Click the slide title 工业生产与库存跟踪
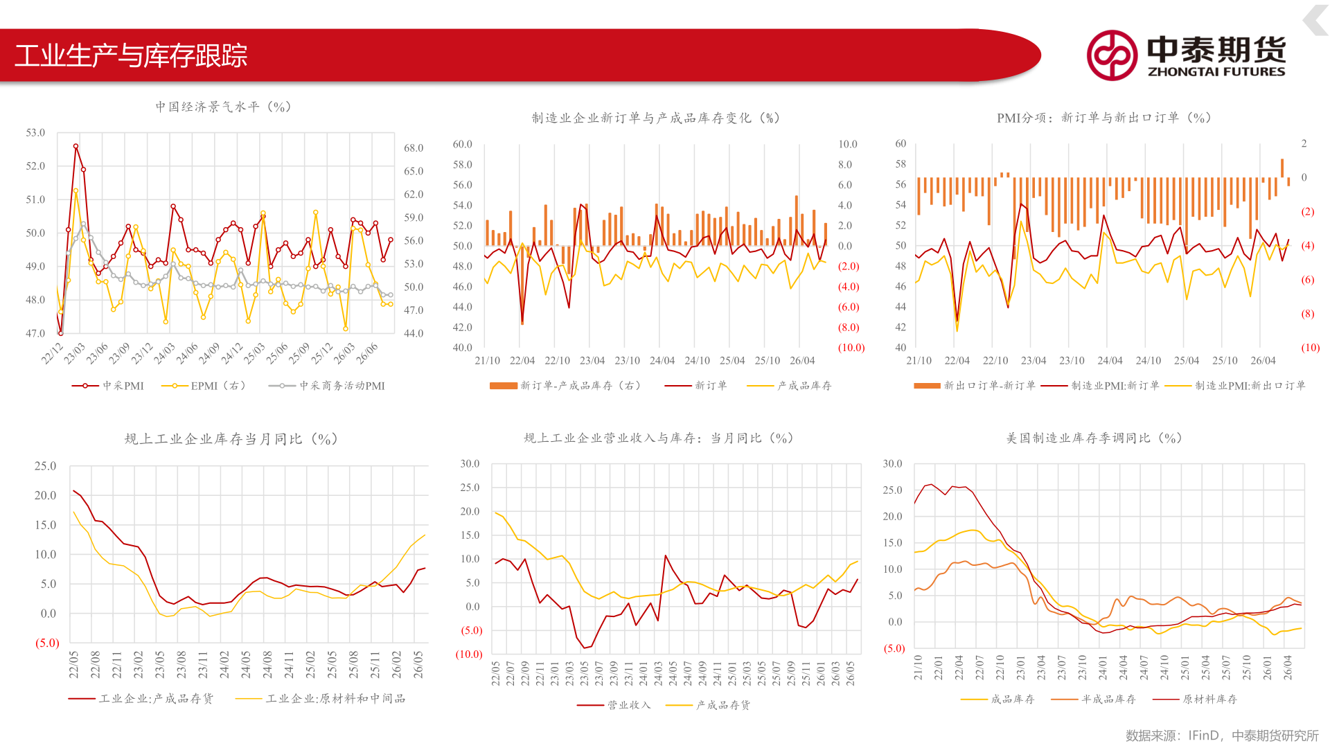click(x=131, y=55)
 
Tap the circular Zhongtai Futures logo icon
click(x=1112, y=55)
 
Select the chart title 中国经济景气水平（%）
click(x=223, y=107)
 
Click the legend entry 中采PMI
click(x=108, y=386)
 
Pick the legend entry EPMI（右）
click(x=204, y=386)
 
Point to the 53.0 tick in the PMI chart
click(x=35, y=132)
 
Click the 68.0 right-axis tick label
click(x=414, y=148)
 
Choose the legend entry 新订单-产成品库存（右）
click(x=565, y=386)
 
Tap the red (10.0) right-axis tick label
click(x=851, y=348)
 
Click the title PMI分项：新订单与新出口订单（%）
click(x=1104, y=118)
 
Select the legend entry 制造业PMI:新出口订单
click(x=1235, y=386)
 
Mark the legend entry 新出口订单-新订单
click(x=975, y=386)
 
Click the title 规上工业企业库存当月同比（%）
click(x=231, y=439)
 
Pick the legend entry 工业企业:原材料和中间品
click(x=320, y=699)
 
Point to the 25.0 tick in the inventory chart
click(x=46, y=466)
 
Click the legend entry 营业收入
click(x=614, y=705)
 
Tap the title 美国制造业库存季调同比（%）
click(x=1094, y=438)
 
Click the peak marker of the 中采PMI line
click(x=76, y=146)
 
